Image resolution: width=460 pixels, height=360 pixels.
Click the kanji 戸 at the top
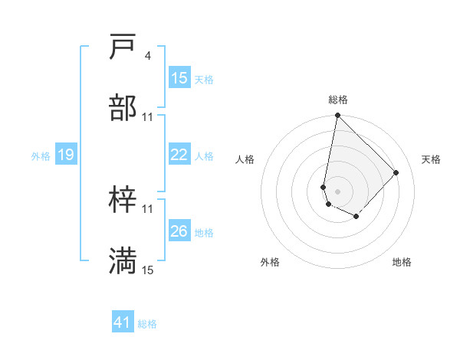point(123,47)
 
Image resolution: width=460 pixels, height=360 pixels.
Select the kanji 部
point(123,108)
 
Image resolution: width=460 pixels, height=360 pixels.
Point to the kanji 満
point(123,261)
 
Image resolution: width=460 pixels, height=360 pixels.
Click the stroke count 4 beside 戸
point(147,55)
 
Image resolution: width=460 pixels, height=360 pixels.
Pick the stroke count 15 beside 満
point(147,270)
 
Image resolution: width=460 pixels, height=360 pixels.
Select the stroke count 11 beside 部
point(147,116)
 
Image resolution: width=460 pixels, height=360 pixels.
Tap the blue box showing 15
point(179,78)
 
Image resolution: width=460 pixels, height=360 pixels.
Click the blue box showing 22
point(179,155)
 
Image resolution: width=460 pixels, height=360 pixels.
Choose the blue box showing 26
point(179,231)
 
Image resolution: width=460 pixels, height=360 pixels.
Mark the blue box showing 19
point(65,155)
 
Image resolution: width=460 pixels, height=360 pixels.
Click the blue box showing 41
point(123,322)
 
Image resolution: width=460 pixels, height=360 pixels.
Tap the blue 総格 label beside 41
point(147,324)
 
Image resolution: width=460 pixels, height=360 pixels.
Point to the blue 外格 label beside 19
point(41,156)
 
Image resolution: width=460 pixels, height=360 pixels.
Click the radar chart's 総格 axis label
point(338,100)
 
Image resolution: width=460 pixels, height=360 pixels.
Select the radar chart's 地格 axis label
point(402,262)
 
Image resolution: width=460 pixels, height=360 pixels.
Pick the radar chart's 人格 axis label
point(245,159)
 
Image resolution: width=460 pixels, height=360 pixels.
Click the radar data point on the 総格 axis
point(337,116)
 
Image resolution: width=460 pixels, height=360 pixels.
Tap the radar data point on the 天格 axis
point(396,172)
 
